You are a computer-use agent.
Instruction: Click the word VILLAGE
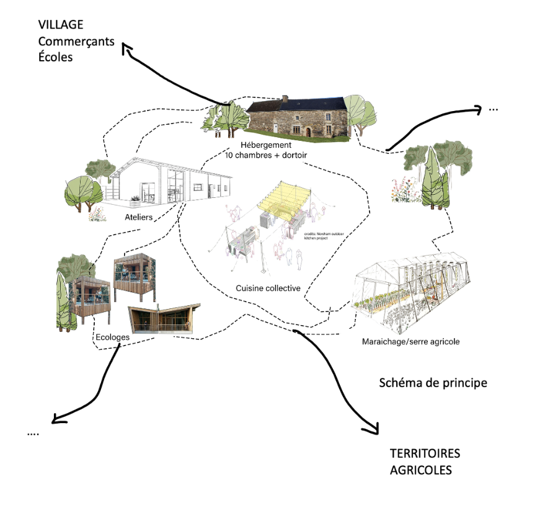61,25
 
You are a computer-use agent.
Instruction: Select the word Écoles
55,57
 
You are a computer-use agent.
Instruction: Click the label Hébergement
266,145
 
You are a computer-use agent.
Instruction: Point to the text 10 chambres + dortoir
266,155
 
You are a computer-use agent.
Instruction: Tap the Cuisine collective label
268,289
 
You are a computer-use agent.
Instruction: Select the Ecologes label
112,337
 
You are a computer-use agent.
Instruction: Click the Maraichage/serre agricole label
411,341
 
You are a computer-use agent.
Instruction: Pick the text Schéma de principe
433,383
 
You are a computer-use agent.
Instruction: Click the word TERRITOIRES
425,454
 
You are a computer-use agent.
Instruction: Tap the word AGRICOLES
420,470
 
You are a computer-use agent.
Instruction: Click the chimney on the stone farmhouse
285,99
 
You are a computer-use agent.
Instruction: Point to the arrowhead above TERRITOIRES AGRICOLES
372,429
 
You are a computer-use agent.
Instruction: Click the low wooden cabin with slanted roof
163,318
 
